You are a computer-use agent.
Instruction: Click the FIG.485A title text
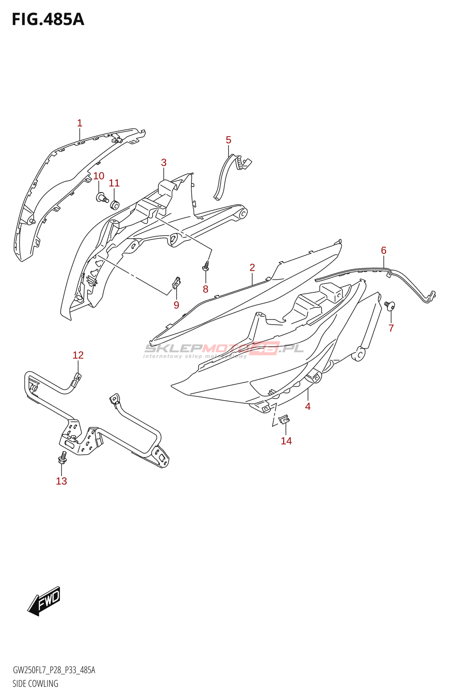point(48,19)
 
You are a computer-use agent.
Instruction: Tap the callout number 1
point(80,123)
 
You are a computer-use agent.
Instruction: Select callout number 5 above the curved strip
point(229,140)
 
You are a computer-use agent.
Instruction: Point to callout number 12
point(78,355)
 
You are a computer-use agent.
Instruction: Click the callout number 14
point(286,441)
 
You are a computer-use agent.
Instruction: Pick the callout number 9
point(176,305)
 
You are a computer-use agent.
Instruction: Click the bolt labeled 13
point(62,459)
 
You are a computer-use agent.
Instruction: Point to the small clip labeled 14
point(284,419)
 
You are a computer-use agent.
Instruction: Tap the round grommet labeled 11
point(115,204)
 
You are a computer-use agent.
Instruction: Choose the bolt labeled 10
point(102,198)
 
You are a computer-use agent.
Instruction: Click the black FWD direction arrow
point(44,601)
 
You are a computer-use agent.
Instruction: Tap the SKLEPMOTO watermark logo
point(223,349)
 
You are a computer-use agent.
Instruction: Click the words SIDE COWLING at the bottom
point(35,683)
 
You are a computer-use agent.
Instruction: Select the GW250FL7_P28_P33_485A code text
point(54,670)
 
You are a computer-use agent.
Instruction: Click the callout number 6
point(383,251)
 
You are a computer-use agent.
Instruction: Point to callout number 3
point(164,163)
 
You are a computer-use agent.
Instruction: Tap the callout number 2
point(252,267)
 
